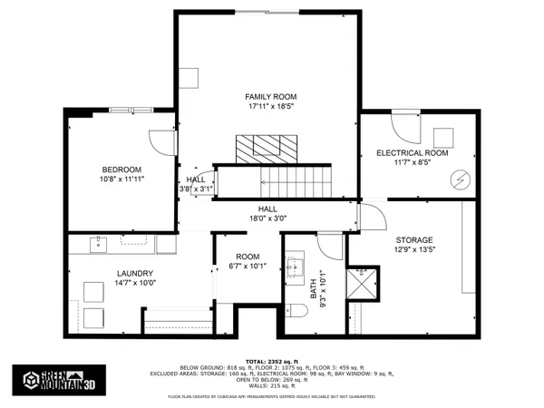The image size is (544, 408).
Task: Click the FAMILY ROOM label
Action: click(x=271, y=96)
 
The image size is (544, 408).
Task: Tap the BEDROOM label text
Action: click(x=121, y=170)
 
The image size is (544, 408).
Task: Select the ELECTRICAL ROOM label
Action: click(x=413, y=153)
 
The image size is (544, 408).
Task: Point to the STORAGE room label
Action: click(x=413, y=239)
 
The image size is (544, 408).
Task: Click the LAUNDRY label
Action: click(x=134, y=273)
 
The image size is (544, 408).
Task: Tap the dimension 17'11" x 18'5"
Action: click(x=271, y=107)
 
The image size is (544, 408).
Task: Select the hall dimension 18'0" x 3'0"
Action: click(x=267, y=219)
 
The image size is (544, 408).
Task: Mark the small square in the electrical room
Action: click(x=443, y=136)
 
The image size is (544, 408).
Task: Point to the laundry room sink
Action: click(x=98, y=244)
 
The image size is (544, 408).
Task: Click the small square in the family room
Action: click(x=189, y=78)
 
